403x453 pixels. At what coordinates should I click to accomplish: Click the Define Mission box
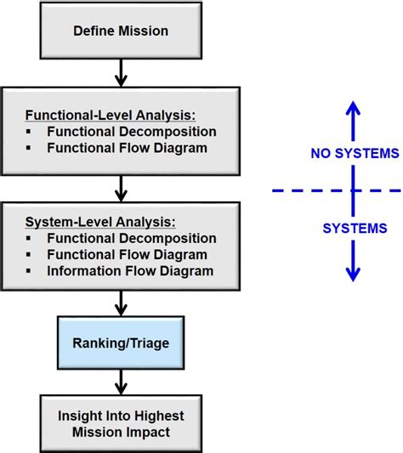click(120, 31)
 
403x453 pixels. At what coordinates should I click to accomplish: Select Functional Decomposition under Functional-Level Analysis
click(131, 132)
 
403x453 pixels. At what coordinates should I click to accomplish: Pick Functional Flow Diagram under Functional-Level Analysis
click(128, 148)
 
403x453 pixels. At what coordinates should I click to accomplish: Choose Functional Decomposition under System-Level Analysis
click(131, 239)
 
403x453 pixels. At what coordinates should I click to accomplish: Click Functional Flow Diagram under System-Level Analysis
click(128, 254)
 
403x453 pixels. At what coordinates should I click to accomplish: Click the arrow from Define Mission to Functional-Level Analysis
click(120, 72)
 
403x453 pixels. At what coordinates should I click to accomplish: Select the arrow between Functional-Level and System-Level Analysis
click(120, 186)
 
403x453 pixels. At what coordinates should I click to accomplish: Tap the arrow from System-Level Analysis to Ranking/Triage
click(120, 301)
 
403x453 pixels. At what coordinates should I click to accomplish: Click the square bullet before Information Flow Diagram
click(31, 271)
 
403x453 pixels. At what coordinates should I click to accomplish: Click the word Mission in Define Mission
click(145, 31)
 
